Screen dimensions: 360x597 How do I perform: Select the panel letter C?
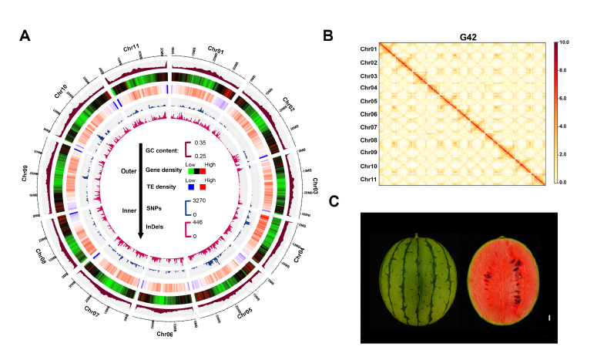pyautogui.click(x=334, y=202)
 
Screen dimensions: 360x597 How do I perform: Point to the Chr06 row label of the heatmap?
pyautogui.click(x=367, y=114)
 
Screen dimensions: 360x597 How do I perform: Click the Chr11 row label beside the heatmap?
pyautogui.click(x=367, y=179)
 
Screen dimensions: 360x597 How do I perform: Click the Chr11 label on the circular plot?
pyautogui.click(x=132, y=49)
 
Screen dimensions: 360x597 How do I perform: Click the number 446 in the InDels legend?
pyautogui.click(x=198, y=222)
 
